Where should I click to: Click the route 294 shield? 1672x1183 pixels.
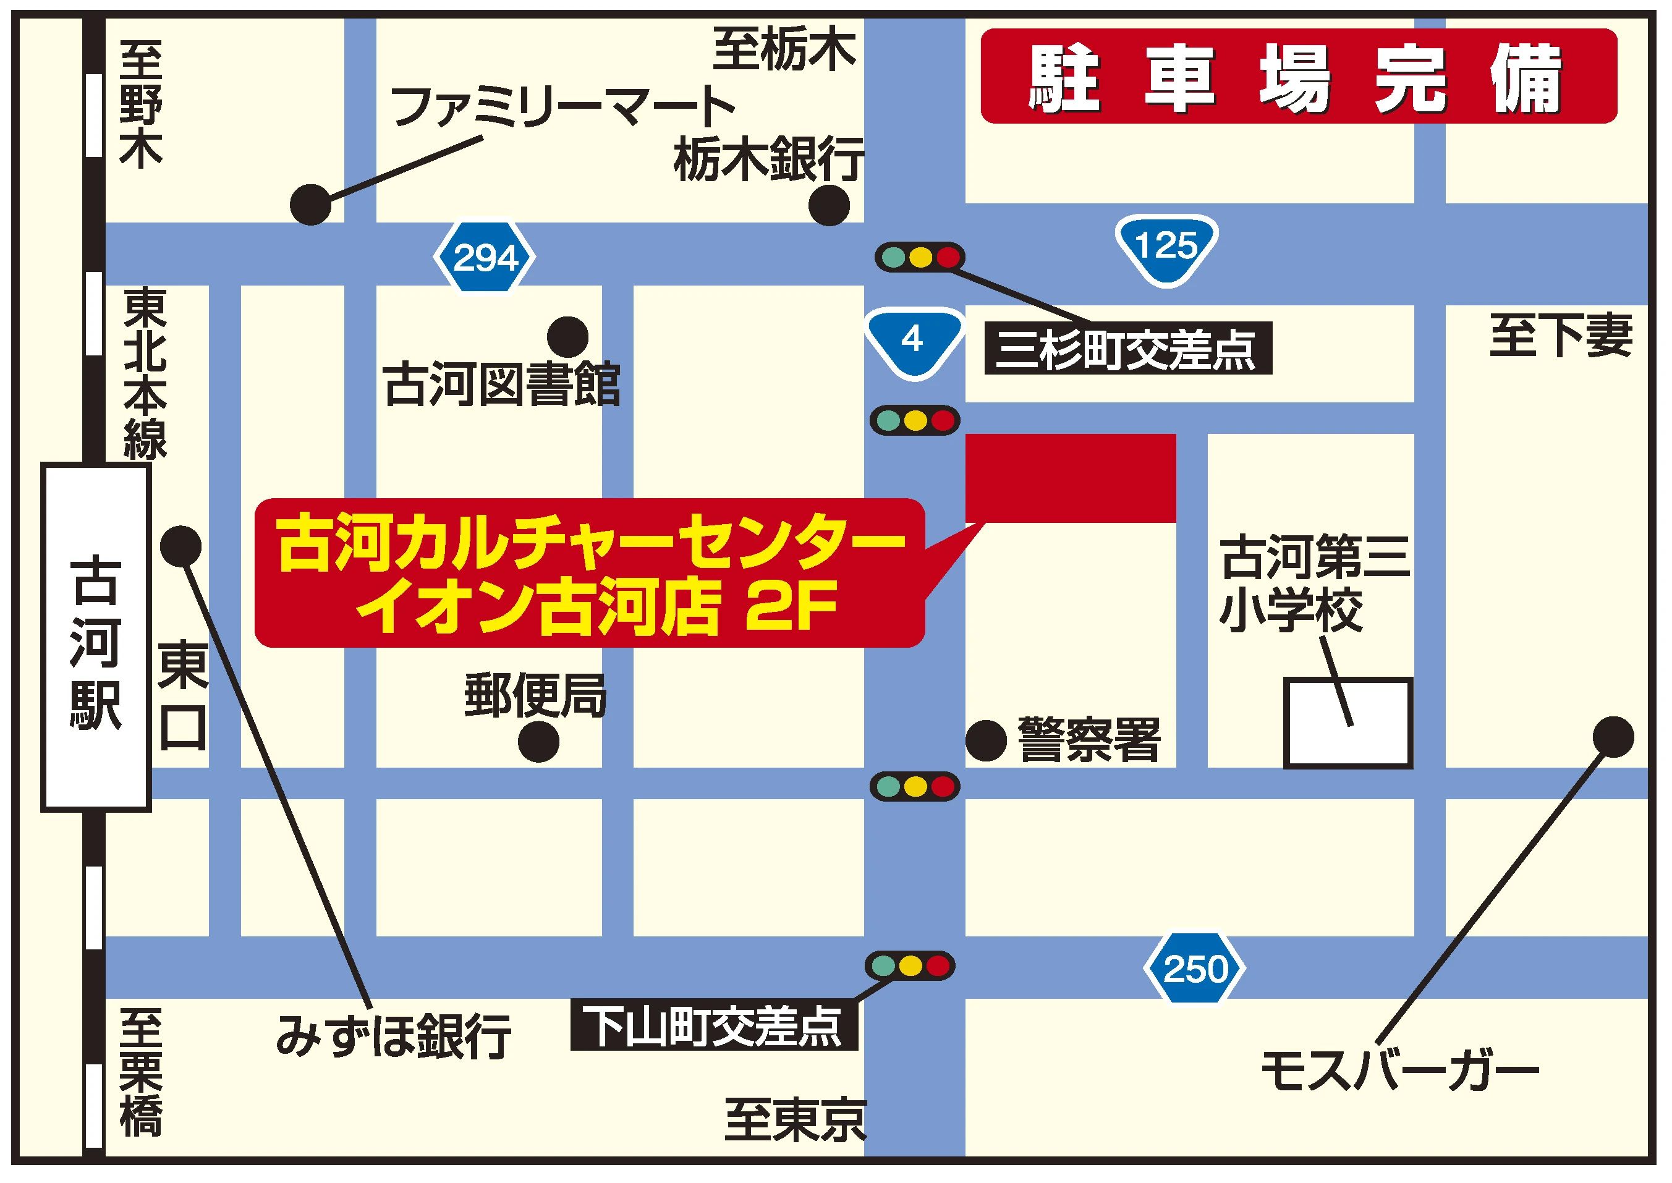pos(485,257)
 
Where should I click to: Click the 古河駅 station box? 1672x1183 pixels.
pos(95,638)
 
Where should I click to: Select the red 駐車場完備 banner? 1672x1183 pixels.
pos(1298,77)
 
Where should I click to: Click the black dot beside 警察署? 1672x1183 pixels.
pos(986,741)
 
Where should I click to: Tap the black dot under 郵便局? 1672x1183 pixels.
pos(538,742)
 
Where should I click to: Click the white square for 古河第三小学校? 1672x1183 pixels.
pos(1348,723)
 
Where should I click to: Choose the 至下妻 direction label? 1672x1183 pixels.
pos(1561,336)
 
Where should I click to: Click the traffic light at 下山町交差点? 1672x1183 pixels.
pos(909,967)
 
